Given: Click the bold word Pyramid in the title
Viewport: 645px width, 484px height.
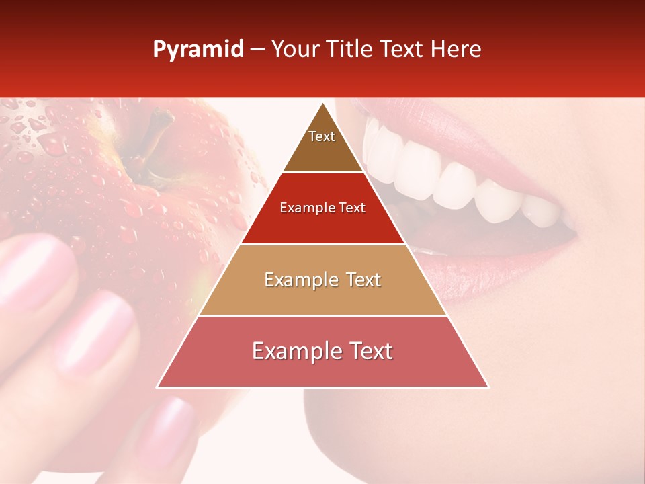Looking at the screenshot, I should (198, 50).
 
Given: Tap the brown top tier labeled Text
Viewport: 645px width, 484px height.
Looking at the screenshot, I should (322, 145).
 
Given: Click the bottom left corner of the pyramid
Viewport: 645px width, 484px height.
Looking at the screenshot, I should (157, 387).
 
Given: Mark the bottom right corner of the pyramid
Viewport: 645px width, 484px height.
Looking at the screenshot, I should (488, 387).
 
